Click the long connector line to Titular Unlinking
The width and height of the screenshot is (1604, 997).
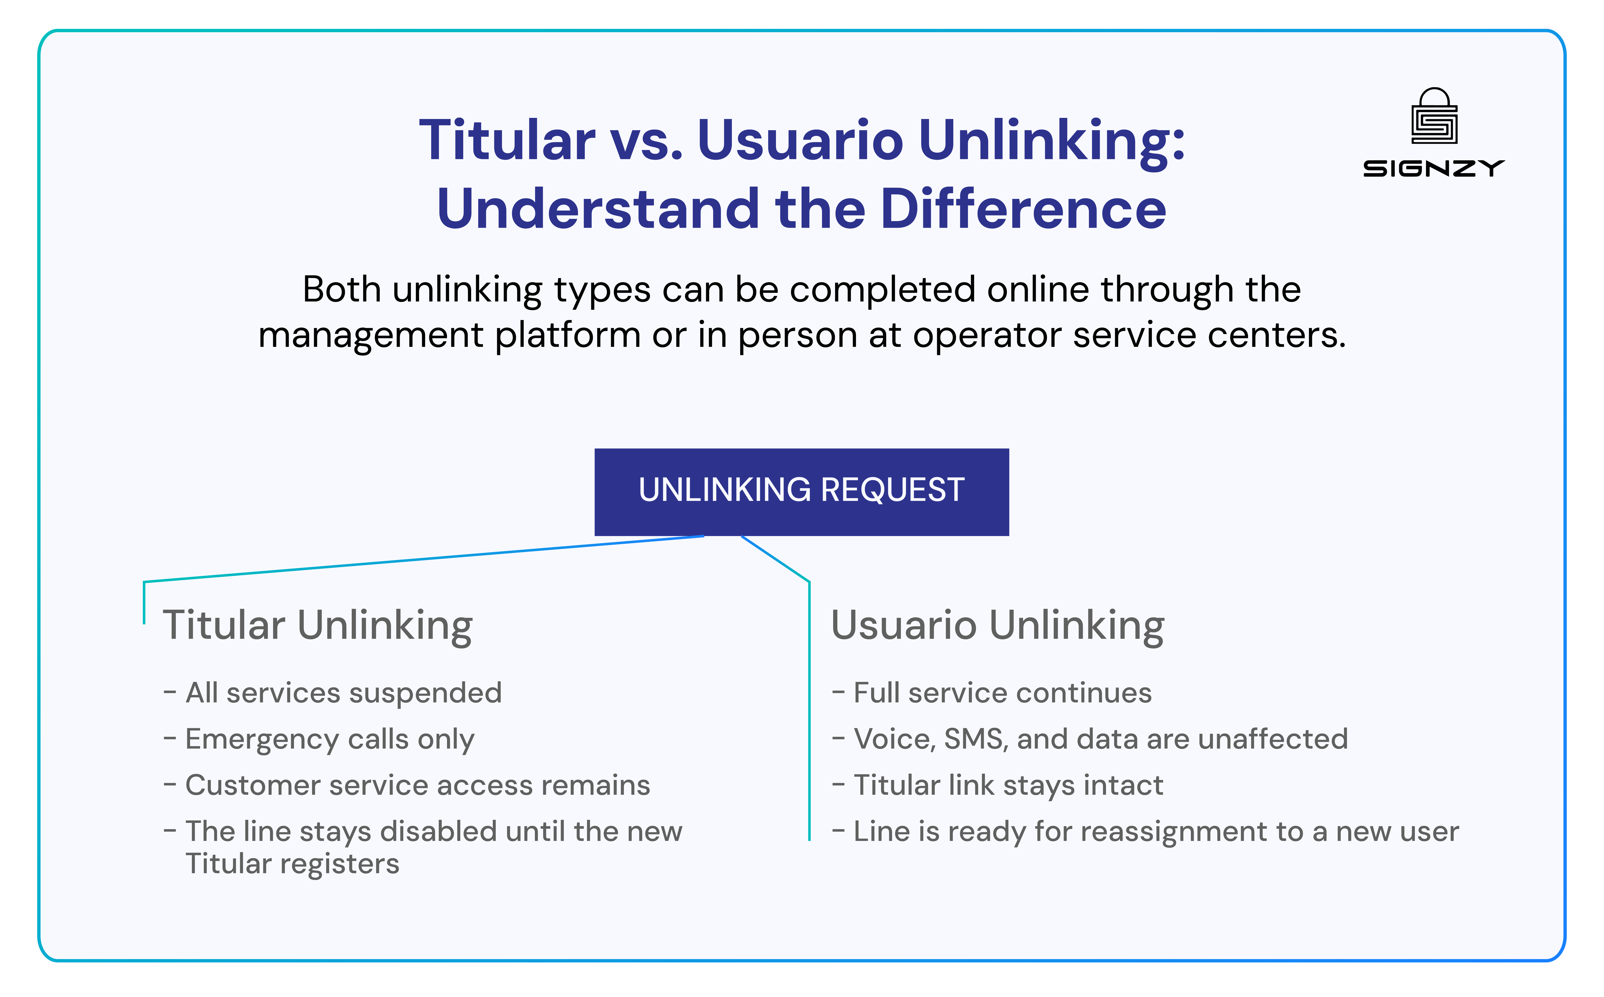click(422, 559)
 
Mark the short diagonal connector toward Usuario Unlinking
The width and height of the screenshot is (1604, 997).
click(775, 559)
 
